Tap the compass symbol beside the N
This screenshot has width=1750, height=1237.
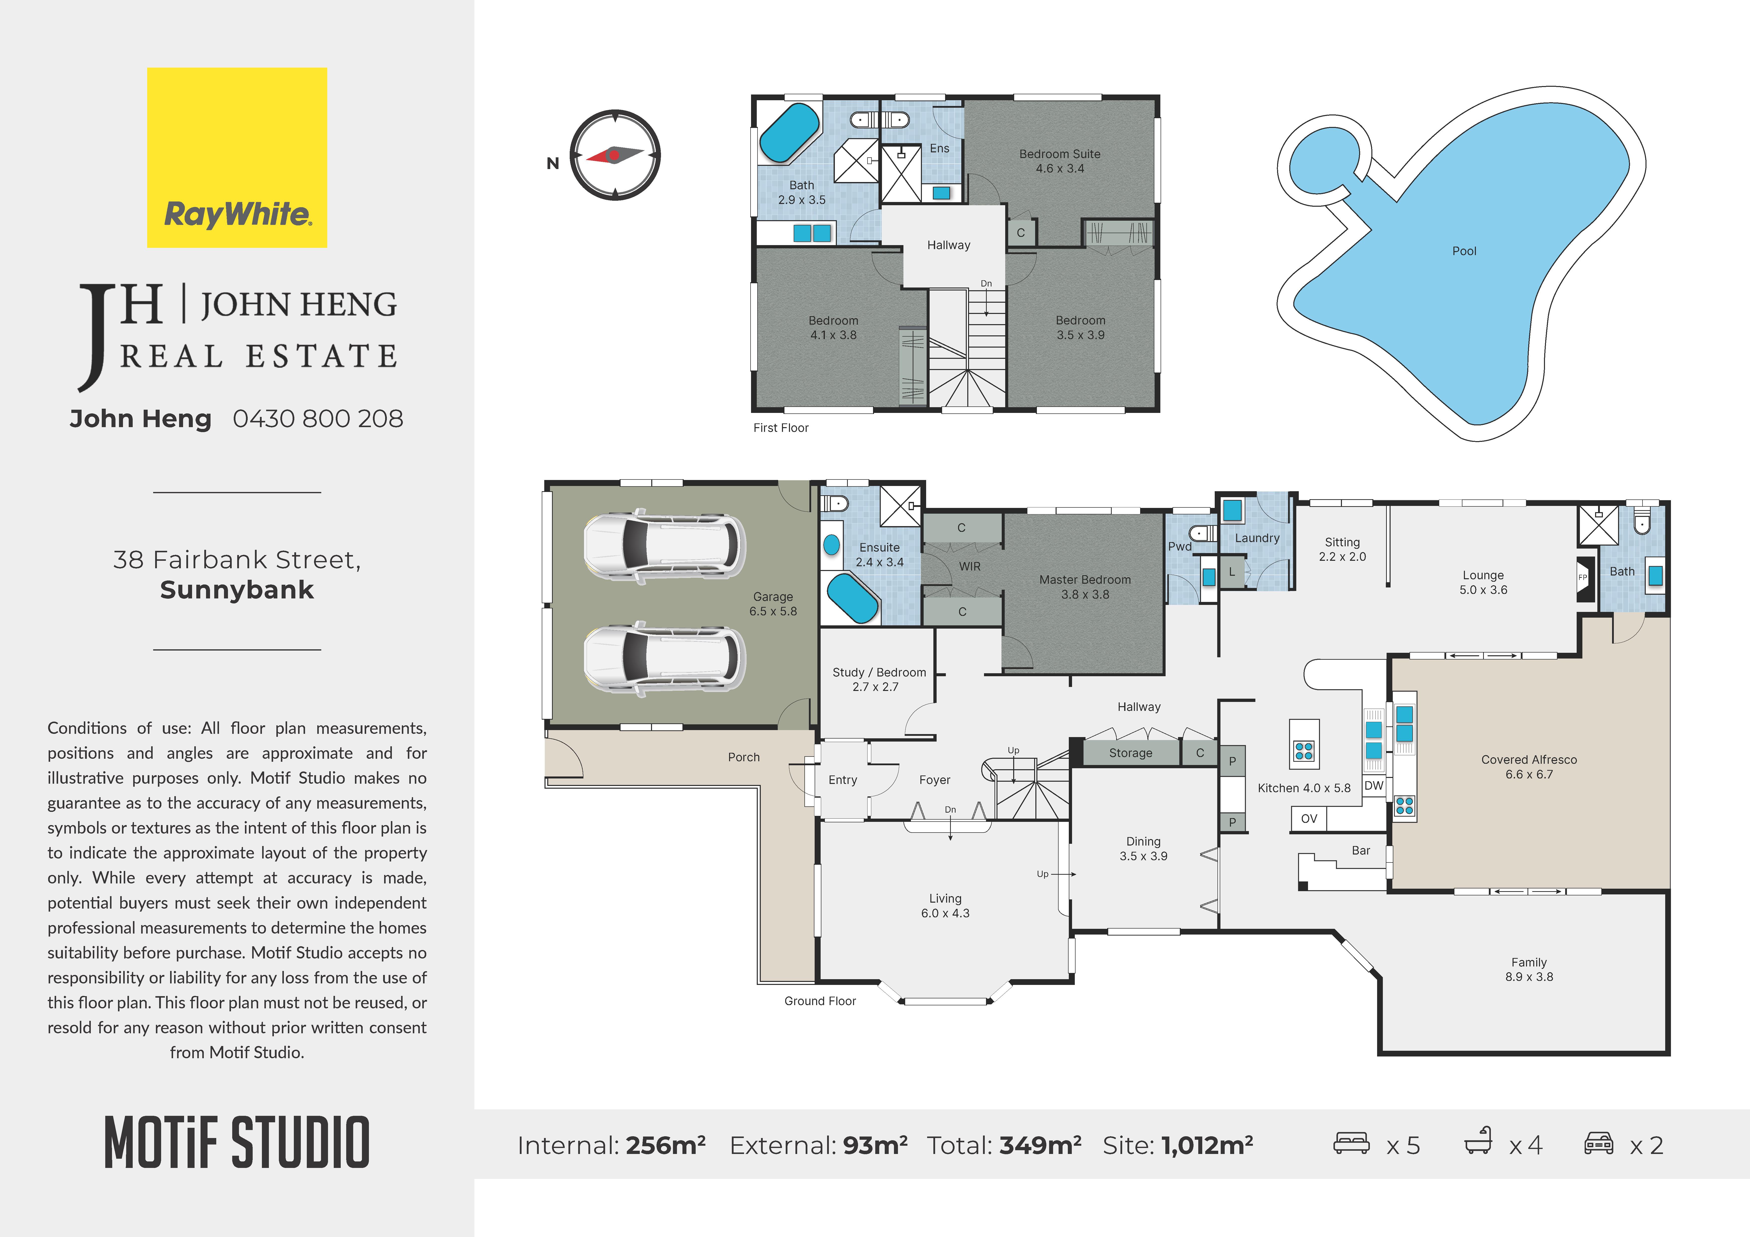tap(615, 156)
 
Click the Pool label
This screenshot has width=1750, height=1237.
tap(1464, 251)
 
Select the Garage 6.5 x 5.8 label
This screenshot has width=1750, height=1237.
tap(773, 604)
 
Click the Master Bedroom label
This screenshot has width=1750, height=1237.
tap(1085, 587)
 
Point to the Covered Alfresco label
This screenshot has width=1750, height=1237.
tap(1529, 767)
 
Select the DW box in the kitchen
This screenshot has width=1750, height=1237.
tap(1373, 786)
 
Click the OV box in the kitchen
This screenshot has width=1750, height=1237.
tap(1309, 819)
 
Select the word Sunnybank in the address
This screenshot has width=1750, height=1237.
tap(237, 590)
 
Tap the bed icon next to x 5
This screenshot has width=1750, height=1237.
tap(1351, 1143)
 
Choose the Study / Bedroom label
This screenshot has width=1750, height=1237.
tap(879, 679)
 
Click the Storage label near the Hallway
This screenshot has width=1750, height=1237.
tap(1130, 753)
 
